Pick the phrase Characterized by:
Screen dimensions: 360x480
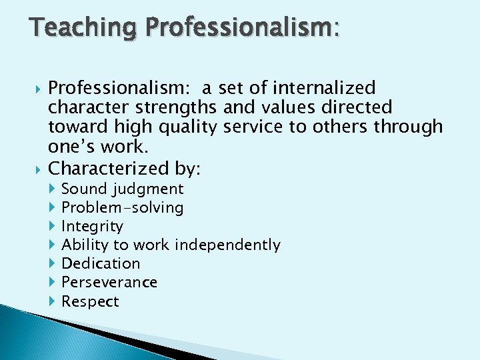124,167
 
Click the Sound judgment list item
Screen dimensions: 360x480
122,189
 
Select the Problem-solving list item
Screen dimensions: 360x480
122,208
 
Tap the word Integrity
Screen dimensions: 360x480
92,227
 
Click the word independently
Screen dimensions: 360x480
227,245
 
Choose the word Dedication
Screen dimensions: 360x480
101,264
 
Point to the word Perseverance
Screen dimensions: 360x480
109,283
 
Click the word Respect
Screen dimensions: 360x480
90,301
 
